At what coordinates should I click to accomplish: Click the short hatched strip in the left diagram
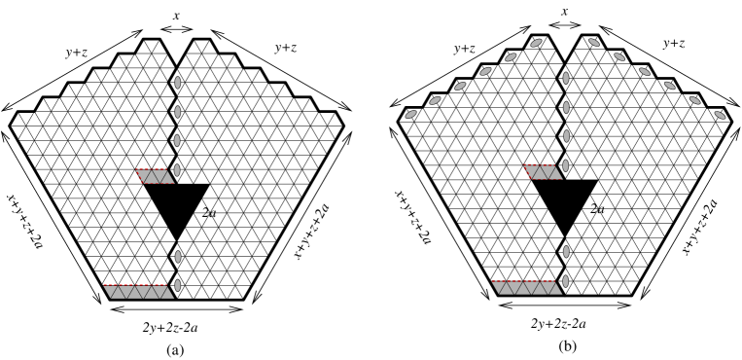click(x=156, y=176)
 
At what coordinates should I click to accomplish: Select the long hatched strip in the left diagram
click(x=138, y=291)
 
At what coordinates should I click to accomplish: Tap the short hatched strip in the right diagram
click(x=544, y=172)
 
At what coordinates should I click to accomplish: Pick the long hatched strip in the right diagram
click(x=526, y=287)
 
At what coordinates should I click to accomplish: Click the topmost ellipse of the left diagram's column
click(x=177, y=83)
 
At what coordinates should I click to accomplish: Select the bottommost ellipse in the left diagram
click(x=177, y=285)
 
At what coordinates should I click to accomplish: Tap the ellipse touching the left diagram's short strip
click(x=177, y=170)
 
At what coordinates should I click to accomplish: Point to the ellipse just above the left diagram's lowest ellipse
click(x=177, y=257)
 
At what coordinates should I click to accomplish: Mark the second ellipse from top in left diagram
click(x=177, y=112)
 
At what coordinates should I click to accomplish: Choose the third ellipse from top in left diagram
click(x=177, y=140)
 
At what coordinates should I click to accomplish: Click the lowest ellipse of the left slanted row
click(x=410, y=114)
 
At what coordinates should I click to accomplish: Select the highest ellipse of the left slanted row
click(x=536, y=43)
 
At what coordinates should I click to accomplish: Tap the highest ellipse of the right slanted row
click(x=594, y=43)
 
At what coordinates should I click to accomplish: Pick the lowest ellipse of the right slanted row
click(x=720, y=115)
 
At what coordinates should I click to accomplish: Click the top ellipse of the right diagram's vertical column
click(x=566, y=78)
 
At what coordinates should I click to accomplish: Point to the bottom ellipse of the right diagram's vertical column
click(x=566, y=281)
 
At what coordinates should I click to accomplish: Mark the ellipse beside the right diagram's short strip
click(x=566, y=165)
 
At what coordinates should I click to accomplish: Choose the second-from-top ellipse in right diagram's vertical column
click(x=566, y=107)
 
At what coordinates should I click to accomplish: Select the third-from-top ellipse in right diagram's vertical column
click(x=566, y=136)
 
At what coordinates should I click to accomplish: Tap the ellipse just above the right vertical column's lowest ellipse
click(x=566, y=252)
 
